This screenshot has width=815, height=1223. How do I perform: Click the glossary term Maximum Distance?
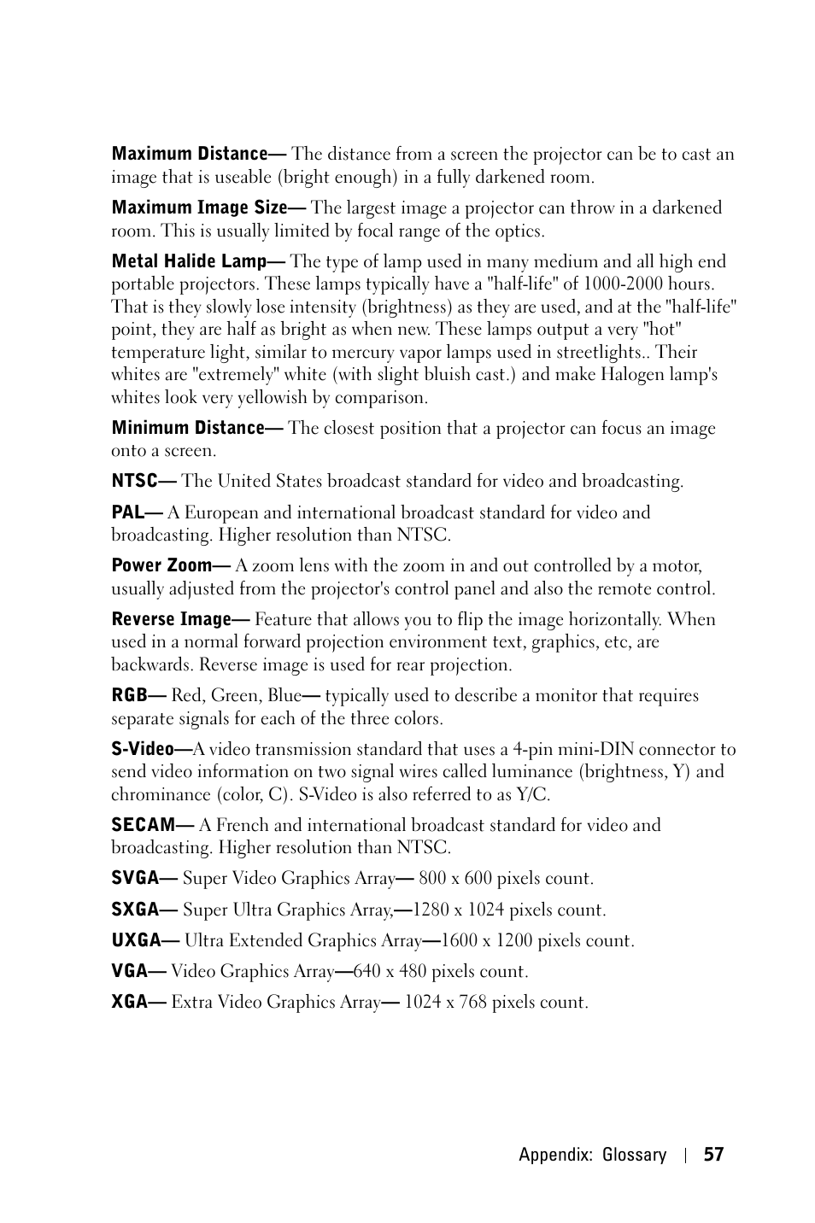(x=190, y=155)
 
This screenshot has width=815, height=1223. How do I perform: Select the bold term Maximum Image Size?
(x=199, y=208)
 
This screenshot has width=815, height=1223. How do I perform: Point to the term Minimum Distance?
(x=187, y=428)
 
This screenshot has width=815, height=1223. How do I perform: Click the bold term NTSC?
(x=135, y=482)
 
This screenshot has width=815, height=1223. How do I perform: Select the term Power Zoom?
(x=161, y=565)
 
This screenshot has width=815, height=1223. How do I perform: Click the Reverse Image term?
(x=171, y=619)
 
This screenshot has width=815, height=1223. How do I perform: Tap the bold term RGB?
(x=129, y=696)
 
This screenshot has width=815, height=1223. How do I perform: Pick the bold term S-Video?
(x=142, y=750)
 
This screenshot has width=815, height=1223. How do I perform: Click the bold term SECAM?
(x=143, y=825)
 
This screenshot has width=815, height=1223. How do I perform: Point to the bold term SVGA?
(x=135, y=879)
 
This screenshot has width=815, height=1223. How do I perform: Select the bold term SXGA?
(x=135, y=910)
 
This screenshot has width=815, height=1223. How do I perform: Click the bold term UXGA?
(x=136, y=941)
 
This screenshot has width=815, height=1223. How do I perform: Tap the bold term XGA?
(x=130, y=1003)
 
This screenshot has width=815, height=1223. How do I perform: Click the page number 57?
(x=713, y=1156)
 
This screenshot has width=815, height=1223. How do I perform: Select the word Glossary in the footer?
(x=634, y=1156)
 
